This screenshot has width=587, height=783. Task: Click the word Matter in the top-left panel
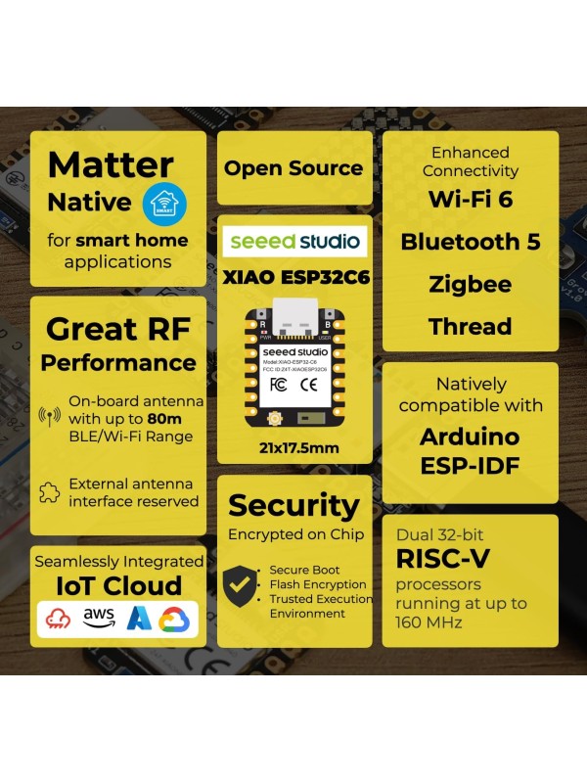[111, 164]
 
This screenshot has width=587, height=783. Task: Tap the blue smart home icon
[162, 203]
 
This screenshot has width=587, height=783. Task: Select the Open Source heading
[293, 167]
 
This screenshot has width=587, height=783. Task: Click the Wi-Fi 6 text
[470, 199]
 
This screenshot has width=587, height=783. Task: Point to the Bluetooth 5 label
[470, 242]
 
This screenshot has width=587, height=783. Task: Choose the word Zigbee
[470, 285]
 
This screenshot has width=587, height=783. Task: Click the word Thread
[470, 327]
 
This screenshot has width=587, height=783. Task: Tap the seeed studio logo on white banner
[293, 241]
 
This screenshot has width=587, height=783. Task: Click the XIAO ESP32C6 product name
[293, 277]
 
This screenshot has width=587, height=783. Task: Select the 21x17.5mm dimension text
[293, 446]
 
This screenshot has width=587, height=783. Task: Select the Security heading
[293, 505]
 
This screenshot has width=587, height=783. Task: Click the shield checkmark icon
[242, 585]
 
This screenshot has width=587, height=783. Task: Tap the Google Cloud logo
[173, 619]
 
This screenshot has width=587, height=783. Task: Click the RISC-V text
[443, 559]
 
